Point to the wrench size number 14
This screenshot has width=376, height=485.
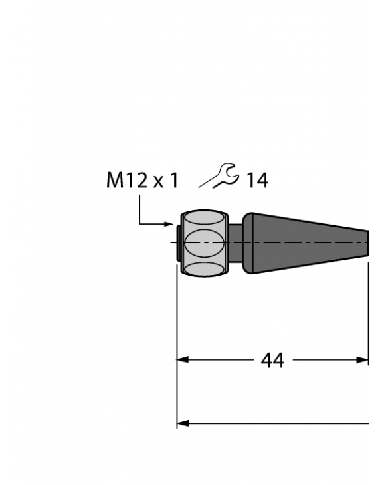click(x=257, y=181)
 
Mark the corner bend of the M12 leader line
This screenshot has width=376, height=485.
click(x=140, y=225)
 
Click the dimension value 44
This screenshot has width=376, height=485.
click(x=272, y=360)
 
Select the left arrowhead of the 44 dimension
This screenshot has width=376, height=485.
click(x=182, y=360)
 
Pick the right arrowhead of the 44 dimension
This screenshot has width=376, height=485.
click(x=363, y=360)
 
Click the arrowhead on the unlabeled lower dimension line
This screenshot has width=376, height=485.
click(x=182, y=423)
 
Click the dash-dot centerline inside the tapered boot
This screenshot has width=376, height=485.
click(x=306, y=244)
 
